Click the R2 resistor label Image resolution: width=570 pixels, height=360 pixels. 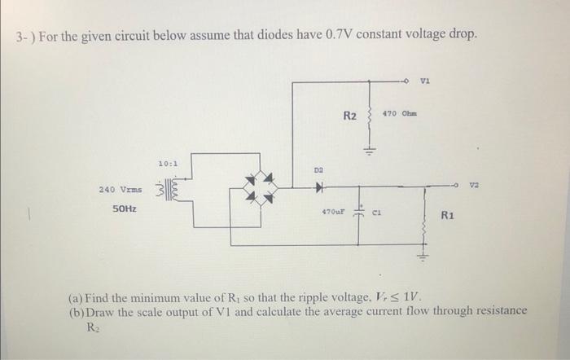(349, 116)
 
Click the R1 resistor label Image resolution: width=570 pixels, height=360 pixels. (447, 216)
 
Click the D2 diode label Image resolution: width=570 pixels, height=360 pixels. (320, 170)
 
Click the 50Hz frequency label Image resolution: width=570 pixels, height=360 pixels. (125, 209)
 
